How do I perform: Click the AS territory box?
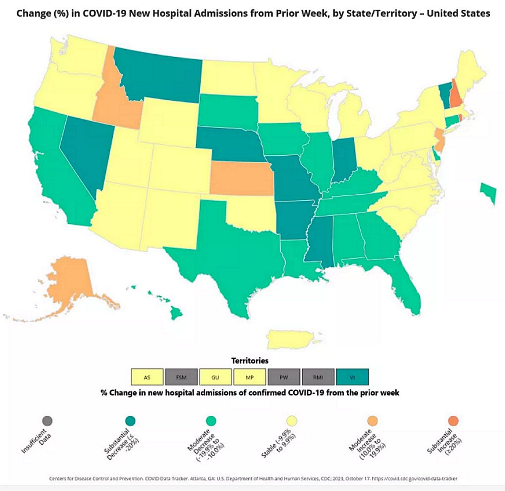147,377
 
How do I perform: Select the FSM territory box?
181,377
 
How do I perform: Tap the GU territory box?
215,377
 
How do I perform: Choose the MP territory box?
250,377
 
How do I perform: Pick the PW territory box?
284,377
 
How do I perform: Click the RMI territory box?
318,377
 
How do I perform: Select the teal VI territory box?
352,377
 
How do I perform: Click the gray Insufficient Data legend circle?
47,420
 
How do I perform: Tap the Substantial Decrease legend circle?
130,420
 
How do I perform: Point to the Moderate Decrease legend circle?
211,420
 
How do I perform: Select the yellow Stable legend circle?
292,420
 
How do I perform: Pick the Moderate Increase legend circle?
372,420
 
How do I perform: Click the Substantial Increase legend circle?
453,420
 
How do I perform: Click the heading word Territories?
250,361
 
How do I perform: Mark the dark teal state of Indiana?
343,160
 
